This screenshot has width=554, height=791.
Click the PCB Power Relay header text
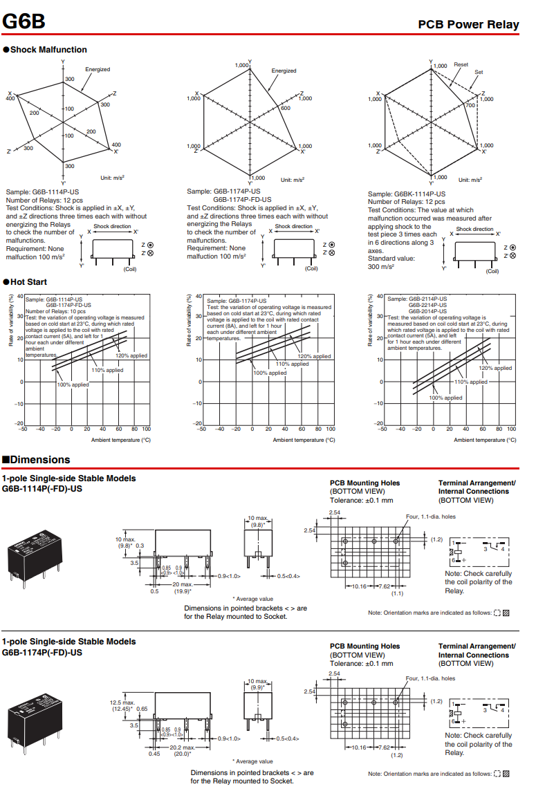[x=468, y=25]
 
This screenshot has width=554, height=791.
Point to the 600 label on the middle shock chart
[x=285, y=108]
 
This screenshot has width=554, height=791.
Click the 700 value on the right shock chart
[x=470, y=105]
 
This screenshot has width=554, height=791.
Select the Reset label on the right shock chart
[x=461, y=64]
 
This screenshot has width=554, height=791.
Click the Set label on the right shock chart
[x=479, y=72]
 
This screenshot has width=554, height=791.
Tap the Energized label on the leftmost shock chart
[x=98, y=69]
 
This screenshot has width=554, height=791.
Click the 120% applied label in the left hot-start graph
[x=131, y=355]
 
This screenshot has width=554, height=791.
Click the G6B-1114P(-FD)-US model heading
[x=42, y=488]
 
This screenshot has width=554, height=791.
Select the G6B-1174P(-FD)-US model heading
[x=42, y=652]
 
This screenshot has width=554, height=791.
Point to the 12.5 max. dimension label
[x=122, y=702]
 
